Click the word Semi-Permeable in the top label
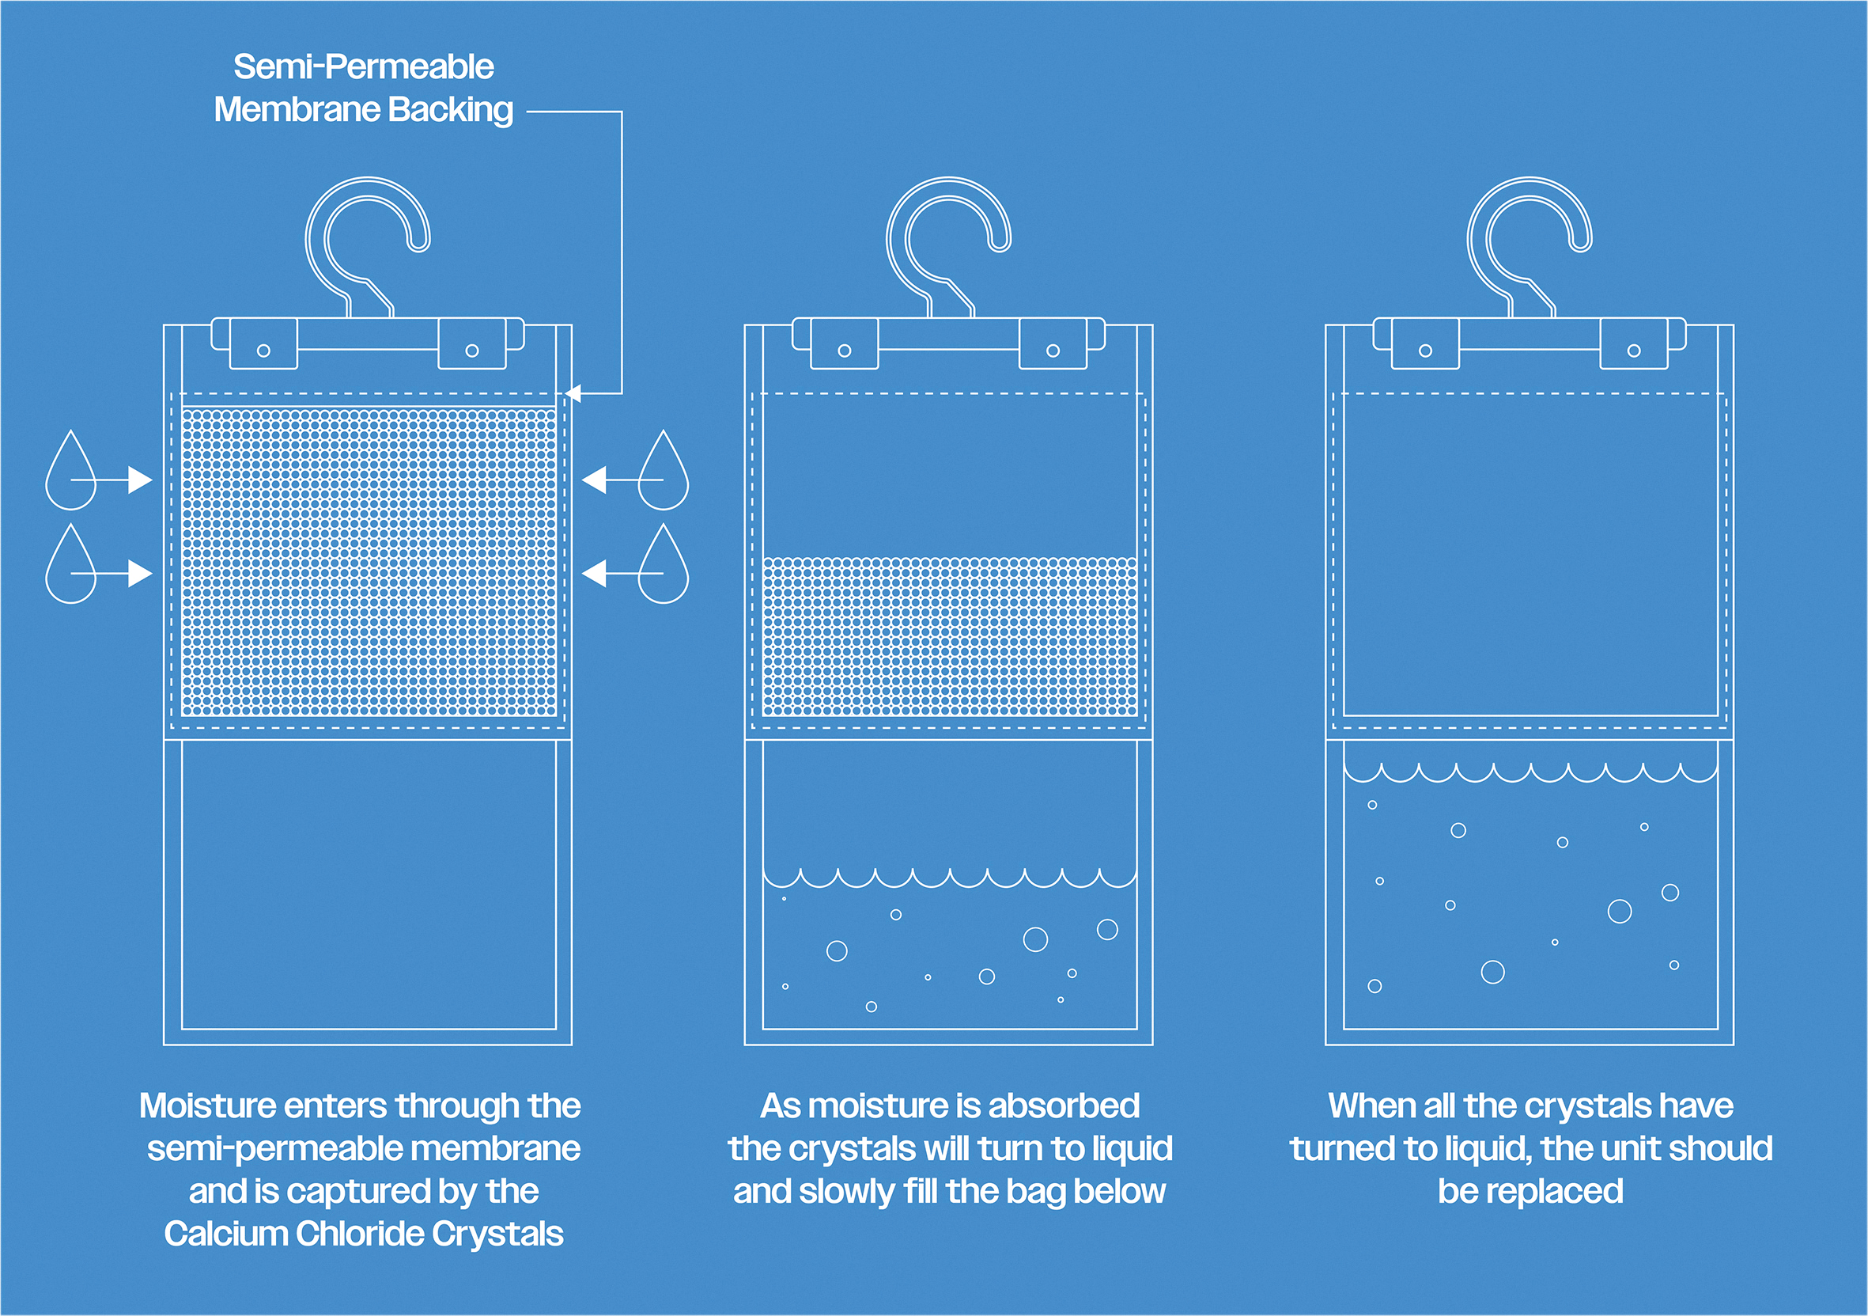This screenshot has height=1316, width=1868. point(364,66)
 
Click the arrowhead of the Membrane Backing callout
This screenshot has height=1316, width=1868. point(573,394)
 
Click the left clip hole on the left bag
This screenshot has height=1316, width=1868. point(263,351)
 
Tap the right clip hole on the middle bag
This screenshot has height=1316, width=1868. point(1053,351)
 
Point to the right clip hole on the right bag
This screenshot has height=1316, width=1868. point(1634,351)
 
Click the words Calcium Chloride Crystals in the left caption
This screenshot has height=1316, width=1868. point(364,1234)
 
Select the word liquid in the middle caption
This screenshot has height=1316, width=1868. point(1132,1148)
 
